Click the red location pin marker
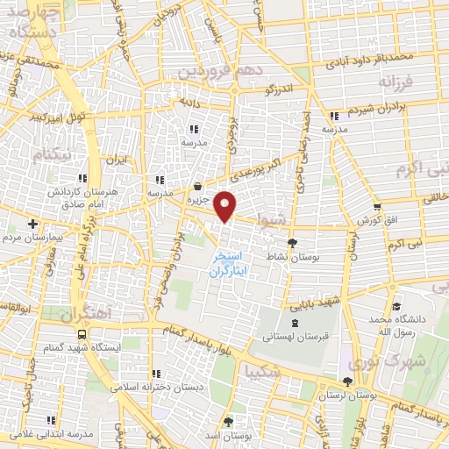225,207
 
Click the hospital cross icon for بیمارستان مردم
32,224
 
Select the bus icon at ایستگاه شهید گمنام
82,335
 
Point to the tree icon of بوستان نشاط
292,244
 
